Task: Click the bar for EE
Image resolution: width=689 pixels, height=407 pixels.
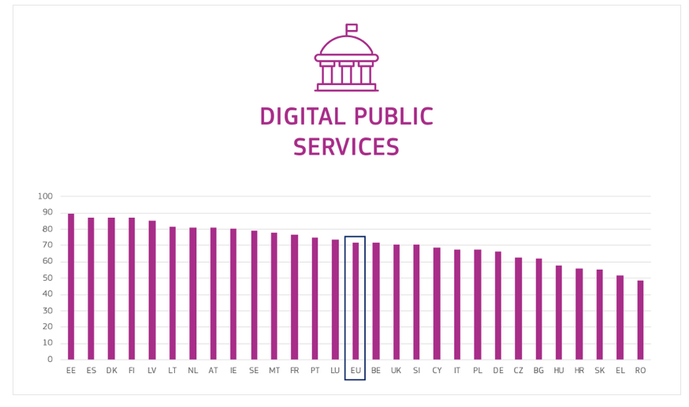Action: point(71,287)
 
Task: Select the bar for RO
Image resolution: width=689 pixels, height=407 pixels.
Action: point(640,320)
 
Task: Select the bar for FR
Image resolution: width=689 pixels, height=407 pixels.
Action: point(295,297)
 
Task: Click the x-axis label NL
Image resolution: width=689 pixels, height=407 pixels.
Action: point(193,371)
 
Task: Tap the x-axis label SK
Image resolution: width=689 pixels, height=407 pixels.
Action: point(600,371)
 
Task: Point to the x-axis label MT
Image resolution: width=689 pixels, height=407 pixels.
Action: point(274,371)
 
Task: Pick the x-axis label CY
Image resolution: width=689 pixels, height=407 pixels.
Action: point(437,371)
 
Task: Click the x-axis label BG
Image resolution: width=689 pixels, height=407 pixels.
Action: point(538,371)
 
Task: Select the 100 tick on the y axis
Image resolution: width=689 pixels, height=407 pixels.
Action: point(45,196)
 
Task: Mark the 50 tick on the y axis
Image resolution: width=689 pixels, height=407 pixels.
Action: point(47,278)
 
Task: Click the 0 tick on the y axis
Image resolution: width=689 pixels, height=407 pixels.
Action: point(50,360)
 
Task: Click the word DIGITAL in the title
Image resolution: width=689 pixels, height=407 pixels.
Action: point(304,118)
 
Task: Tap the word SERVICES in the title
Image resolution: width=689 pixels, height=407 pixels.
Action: point(346,147)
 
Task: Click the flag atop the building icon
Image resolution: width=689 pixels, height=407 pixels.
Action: point(352,28)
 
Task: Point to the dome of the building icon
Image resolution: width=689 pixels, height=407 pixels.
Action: point(346,46)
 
